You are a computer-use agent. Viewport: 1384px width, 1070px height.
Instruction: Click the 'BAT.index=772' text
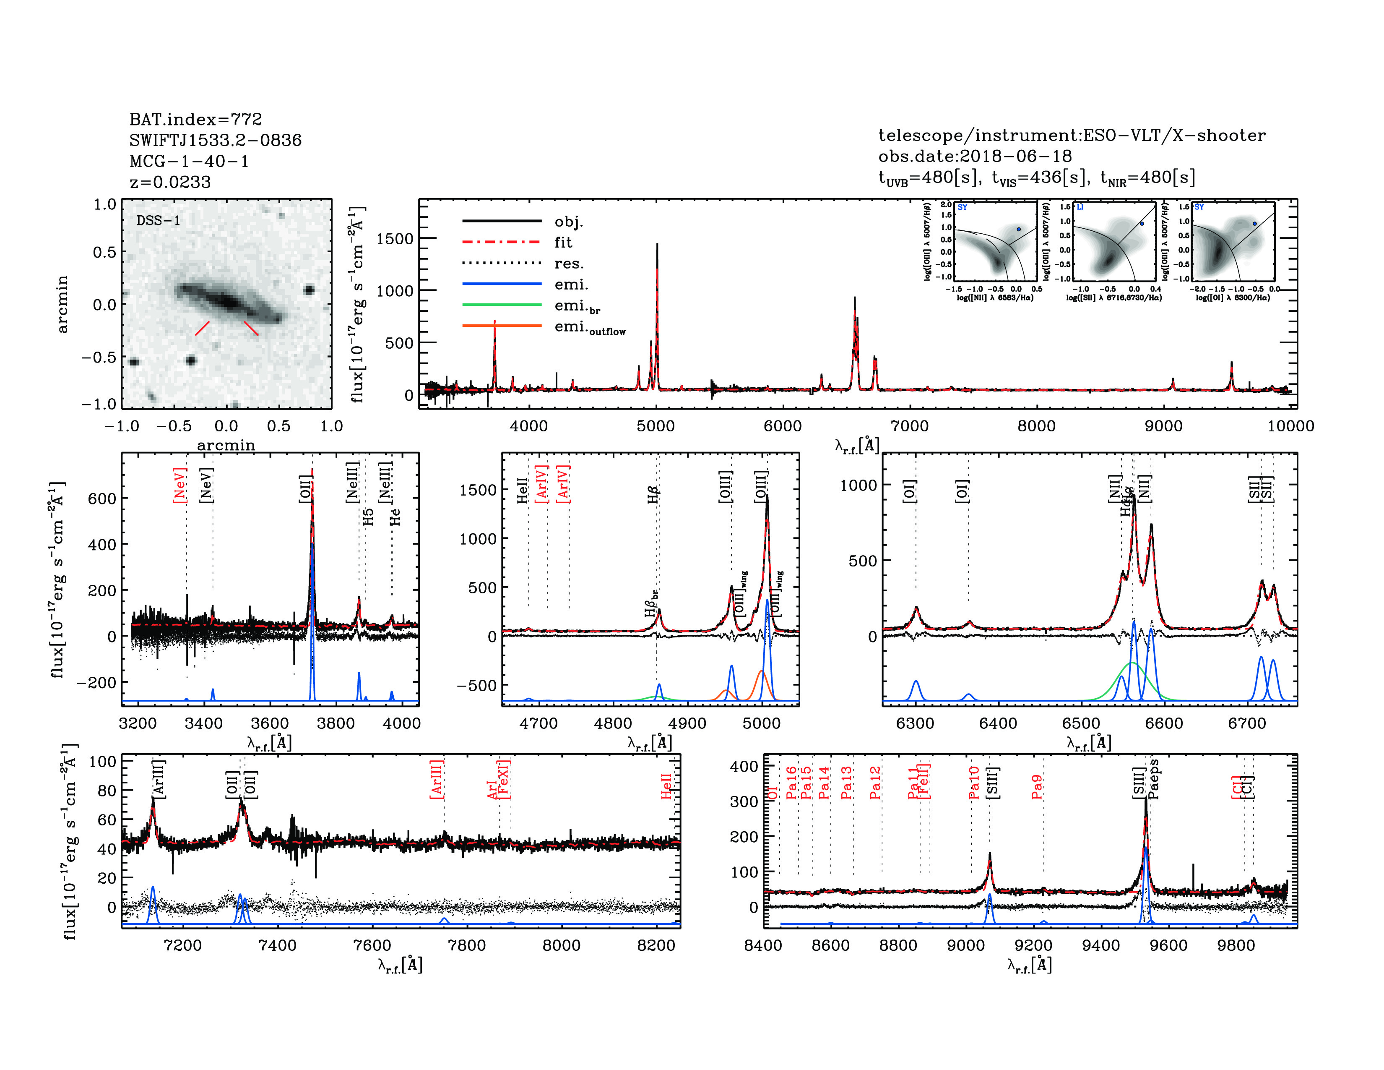[x=195, y=119]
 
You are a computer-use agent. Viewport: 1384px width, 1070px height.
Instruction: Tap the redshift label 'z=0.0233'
[x=170, y=182]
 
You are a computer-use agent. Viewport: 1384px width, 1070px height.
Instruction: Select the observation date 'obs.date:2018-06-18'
[x=975, y=156]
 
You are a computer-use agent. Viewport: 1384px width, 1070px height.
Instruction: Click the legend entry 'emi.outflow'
[x=589, y=327]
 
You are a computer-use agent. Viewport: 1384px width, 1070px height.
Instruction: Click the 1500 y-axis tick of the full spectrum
[x=394, y=239]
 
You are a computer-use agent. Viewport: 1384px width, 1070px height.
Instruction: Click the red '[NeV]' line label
[x=180, y=485]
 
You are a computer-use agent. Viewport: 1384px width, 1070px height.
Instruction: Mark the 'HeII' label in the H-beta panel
[x=522, y=491]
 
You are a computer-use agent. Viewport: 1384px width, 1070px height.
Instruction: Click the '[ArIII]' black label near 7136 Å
[x=159, y=778]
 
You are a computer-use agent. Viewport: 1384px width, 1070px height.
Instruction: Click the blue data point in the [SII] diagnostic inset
[x=1142, y=223]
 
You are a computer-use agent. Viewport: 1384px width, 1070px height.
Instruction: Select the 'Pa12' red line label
[x=875, y=783]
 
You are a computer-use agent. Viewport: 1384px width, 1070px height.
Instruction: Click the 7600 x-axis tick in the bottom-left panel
[x=372, y=945]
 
